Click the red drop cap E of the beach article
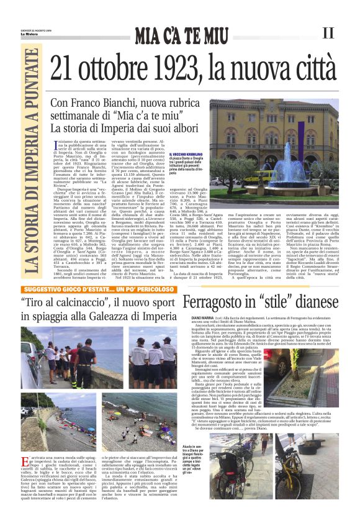tap(23, 461)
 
